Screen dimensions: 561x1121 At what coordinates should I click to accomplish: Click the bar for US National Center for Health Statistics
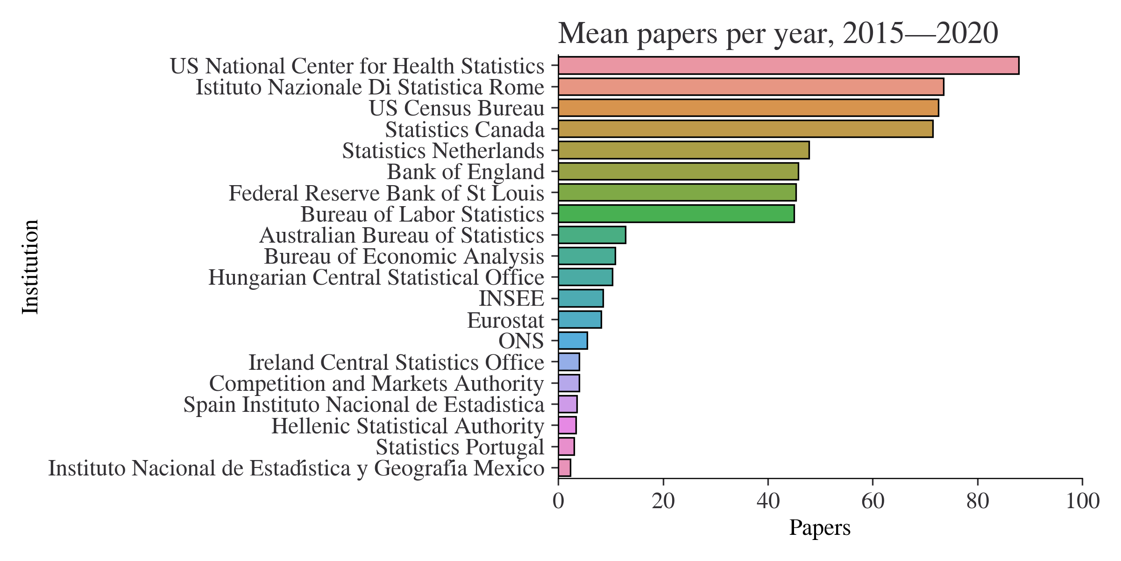pos(788,65)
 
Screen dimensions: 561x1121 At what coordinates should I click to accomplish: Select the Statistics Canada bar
pos(745,129)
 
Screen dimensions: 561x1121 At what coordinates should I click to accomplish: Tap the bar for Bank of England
pos(678,172)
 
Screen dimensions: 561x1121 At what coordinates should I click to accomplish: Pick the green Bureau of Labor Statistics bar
pos(676,214)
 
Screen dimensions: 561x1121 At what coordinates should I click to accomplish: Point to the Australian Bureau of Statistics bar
pos(592,235)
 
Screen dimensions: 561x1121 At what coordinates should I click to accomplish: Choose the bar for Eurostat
pos(580,320)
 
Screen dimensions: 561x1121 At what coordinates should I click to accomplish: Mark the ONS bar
pos(573,341)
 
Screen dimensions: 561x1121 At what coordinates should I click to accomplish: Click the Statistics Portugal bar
pos(566,447)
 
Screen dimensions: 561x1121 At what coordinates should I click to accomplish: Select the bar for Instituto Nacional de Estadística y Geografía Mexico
pos(564,468)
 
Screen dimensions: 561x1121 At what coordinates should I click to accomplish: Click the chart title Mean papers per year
pos(778,34)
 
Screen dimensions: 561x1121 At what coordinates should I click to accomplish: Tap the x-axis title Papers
pos(820,528)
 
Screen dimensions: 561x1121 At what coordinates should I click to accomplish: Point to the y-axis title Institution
pos(31,267)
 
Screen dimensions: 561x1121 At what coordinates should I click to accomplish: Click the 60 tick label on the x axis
pos(873,502)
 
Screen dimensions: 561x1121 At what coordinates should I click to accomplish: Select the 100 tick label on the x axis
pos(1082,502)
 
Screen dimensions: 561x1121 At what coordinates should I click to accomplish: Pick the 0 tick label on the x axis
pos(558,502)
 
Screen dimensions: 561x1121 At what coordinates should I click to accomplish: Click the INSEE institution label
pos(511,299)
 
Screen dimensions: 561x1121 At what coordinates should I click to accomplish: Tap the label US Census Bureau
pos(457,108)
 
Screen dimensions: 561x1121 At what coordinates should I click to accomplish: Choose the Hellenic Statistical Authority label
pos(408,426)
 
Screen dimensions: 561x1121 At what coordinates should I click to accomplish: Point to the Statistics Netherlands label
pos(443,151)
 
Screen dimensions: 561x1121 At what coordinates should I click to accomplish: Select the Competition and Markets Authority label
pos(376,384)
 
